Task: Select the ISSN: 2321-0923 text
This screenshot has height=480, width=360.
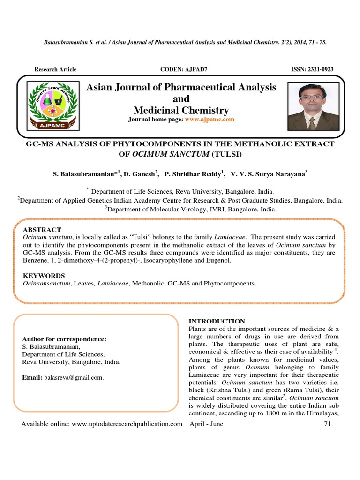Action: click(312, 69)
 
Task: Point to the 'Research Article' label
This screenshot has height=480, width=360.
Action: click(55, 69)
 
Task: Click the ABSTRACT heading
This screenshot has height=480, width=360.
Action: click(42, 230)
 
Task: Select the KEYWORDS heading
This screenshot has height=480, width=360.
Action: click(44, 276)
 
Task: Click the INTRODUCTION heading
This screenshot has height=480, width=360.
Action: click(217, 321)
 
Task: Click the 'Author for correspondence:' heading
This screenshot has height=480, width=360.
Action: click(65, 339)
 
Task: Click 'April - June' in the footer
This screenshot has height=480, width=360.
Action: click(206, 424)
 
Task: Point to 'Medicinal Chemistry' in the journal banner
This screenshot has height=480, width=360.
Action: click(181, 111)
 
